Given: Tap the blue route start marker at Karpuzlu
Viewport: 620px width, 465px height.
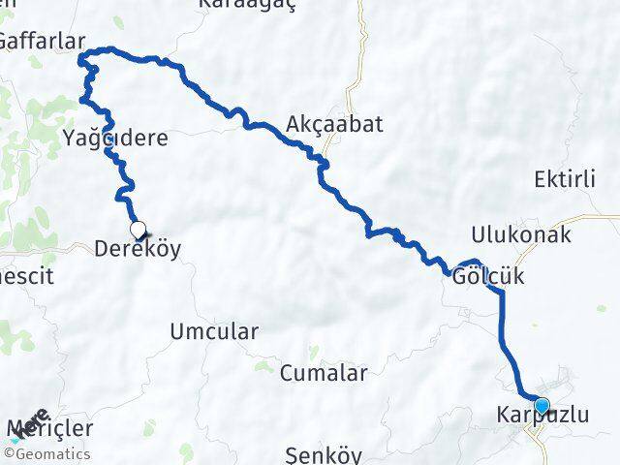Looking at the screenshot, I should coord(542,407).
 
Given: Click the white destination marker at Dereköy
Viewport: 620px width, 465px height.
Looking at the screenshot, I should coord(139,231).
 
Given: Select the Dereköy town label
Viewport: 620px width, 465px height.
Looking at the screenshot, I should coord(138,249).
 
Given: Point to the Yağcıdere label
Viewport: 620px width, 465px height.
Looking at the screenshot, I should coord(115,138).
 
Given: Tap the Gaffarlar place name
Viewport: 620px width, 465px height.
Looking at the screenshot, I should coord(43,41).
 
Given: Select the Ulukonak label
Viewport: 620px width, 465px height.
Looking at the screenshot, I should coord(520,234).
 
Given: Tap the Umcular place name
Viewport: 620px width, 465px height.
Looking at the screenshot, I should coord(214,331).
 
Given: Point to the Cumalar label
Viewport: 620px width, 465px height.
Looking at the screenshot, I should coord(324,373).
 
